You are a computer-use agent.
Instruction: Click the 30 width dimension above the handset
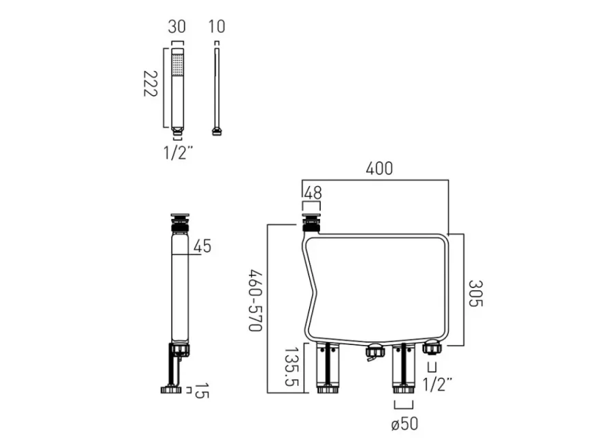pyautogui.click(x=177, y=27)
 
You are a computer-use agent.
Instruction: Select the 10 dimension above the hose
pyautogui.click(x=217, y=27)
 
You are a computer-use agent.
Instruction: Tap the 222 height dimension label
pyautogui.click(x=152, y=84)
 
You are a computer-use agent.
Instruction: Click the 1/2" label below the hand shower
pyautogui.click(x=178, y=152)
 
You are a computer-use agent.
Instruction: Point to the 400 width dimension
pyautogui.click(x=379, y=169)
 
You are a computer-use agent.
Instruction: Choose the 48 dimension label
pyautogui.click(x=312, y=194)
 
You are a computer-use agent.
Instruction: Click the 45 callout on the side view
pyautogui.click(x=202, y=246)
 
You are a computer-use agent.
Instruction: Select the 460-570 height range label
pyautogui.click(x=254, y=300)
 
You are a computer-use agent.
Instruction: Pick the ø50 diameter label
pyautogui.click(x=404, y=424)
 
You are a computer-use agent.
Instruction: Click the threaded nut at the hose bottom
pyautogui.click(x=217, y=131)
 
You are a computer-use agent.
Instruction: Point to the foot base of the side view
pyautogui.click(x=171, y=390)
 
